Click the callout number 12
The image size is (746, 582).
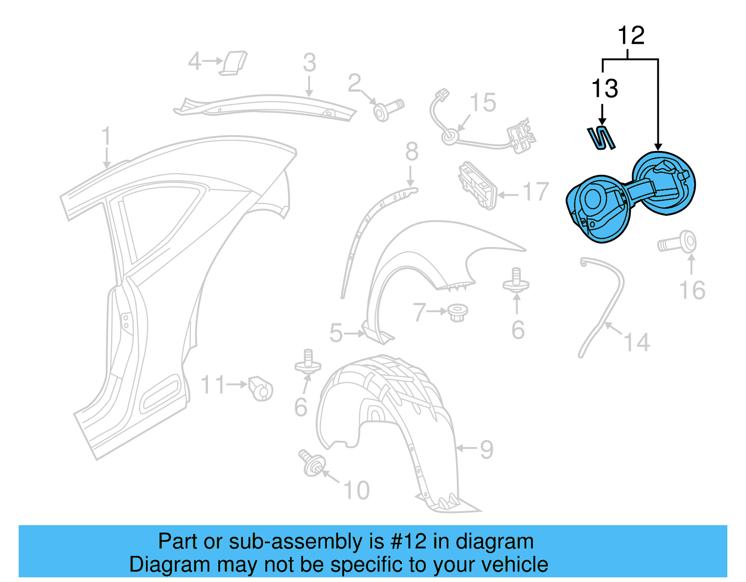631,36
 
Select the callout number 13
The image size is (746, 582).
605,89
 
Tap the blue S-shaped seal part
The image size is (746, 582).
601,138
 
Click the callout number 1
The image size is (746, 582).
106,137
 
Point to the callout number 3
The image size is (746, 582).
309,63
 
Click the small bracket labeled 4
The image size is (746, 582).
235,63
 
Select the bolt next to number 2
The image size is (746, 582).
388,110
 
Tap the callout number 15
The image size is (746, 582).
483,103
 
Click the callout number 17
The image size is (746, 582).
536,192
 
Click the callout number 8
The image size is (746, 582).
411,152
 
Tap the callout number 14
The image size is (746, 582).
636,342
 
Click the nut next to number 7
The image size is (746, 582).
457,312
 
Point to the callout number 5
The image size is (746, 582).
336,333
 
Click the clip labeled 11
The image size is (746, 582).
260,388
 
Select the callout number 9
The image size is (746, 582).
486,450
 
